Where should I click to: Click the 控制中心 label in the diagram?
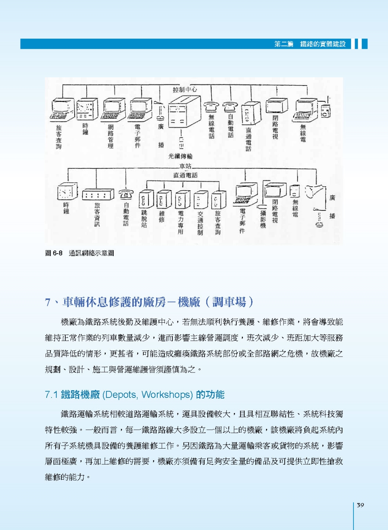coord(185,90)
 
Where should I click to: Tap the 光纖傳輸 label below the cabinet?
coord(180,156)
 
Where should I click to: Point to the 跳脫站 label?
coord(144,218)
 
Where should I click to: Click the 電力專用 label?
coord(181,223)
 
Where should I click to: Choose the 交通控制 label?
coord(200,223)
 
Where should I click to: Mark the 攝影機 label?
coord(263,219)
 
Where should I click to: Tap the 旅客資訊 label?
coord(97,214)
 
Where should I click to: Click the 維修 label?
coord(162,217)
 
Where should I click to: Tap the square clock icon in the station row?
coord(67,191)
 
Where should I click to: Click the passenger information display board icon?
coord(98,195)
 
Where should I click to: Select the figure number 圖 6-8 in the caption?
coord(53,253)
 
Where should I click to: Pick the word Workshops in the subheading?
coord(165,394)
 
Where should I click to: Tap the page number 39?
coord(360,505)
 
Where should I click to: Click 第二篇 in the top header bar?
coord(284,44)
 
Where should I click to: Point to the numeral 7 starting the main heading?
coord(48,302)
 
